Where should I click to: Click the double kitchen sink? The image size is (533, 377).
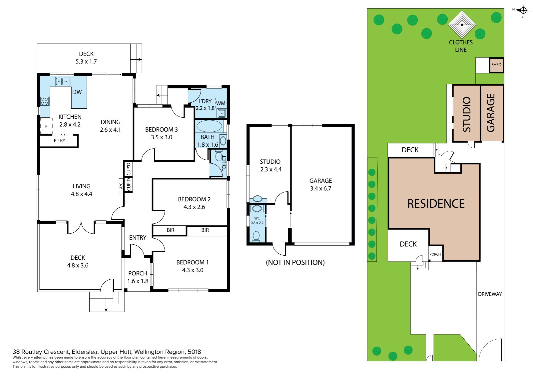coord(63,81)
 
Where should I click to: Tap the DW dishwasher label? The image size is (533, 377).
coord(77,92)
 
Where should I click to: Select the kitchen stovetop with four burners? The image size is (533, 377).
coord(45,101)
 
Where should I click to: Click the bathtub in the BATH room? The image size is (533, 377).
coord(209,126)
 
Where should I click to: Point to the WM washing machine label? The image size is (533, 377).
coord(221,103)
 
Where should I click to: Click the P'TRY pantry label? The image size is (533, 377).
coord(59,141)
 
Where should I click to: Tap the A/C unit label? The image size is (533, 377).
coord(121,186)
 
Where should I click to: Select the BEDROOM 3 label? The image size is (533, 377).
coord(161,130)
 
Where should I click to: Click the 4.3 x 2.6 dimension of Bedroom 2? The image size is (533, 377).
coord(194,207)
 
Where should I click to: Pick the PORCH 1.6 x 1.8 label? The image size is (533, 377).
coord(138,277)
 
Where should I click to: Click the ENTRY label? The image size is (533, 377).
coord(138,237)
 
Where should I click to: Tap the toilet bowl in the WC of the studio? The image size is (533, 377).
coord(256,236)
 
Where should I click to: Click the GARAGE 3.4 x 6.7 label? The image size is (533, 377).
coord(320,185)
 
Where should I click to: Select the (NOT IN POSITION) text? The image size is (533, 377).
coord(295,262)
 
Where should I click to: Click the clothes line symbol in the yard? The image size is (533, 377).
coord(462,25)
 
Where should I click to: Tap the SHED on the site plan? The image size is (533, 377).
coord(496,65)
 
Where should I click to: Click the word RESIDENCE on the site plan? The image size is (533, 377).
coord(436,204)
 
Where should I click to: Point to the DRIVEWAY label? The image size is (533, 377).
coord(490,294)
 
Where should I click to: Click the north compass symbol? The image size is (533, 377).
coord(523,10)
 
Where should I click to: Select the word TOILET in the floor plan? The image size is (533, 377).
coord(224,163)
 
